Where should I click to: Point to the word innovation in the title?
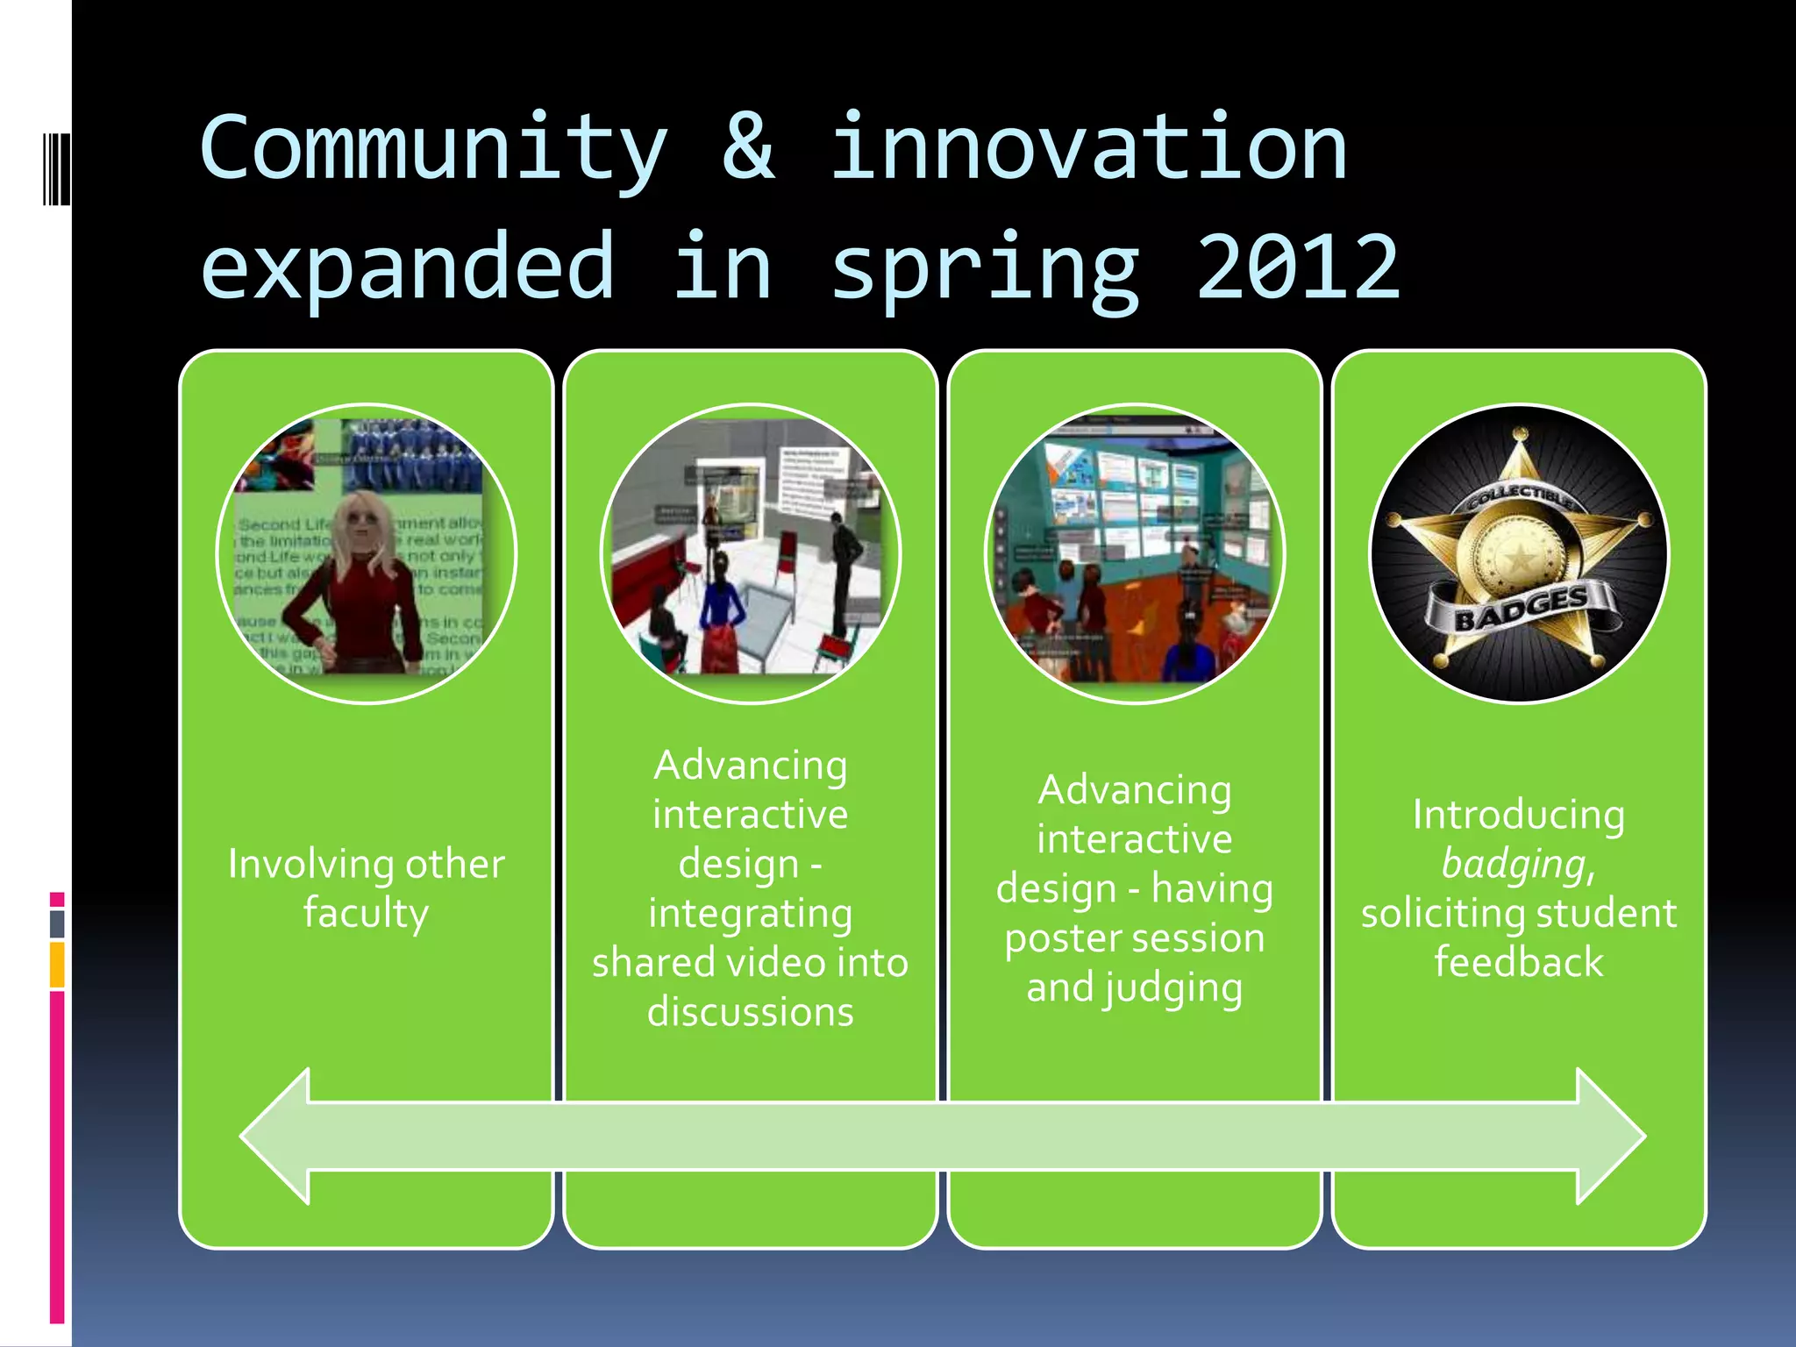(x=1087, y=149)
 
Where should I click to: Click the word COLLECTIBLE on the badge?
(x=1522, y=497)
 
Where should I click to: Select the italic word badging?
(x=1514, y=864)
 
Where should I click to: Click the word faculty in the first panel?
(x=366, y=914)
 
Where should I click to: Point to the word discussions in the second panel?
(x=750, y=1012)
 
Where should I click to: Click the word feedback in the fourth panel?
(x=1519, y=962)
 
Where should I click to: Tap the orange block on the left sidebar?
(x=57, y=965)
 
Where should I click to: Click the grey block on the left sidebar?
(x=57, y=923)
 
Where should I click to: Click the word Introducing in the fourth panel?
(x=1518, y=815)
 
